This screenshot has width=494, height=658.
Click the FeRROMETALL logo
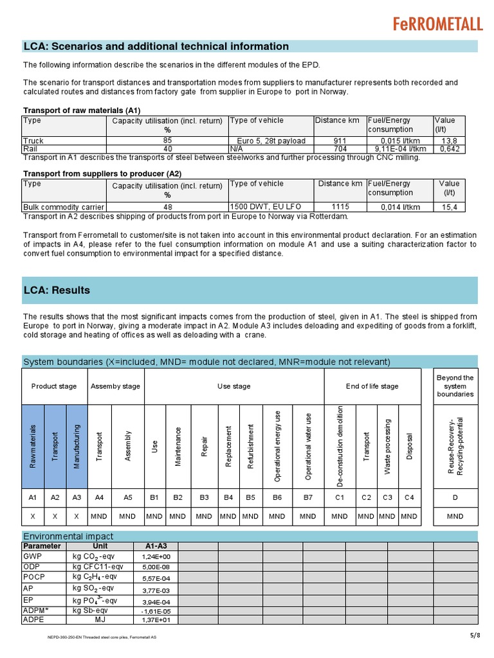(437, 24)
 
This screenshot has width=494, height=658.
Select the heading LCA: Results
(57, 290)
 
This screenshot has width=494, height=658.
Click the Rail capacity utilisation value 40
(167, 149)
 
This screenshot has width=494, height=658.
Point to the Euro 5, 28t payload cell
(271, 141)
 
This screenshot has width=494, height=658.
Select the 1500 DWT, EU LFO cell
(263, 207)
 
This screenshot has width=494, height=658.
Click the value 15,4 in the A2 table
(450, 207)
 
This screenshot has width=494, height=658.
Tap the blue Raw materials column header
(33, 445)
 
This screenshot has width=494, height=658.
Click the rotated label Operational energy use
(277, 446)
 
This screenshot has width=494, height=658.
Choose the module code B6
(278, 497)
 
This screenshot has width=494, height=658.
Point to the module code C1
(340, 497)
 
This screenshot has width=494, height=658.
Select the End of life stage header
(372, 386)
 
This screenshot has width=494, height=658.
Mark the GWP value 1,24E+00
(156, 556)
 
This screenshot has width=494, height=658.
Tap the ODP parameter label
(32, 566)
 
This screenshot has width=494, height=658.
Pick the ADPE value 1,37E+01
(156, 620)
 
